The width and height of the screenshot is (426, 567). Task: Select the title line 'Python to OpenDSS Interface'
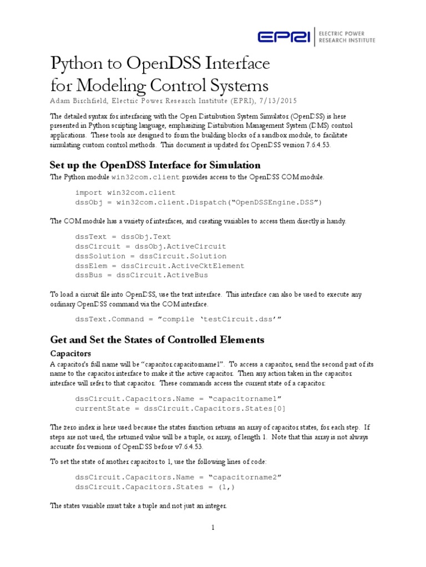click(160, 64)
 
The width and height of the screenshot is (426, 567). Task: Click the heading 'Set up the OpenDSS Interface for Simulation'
click(155, 165)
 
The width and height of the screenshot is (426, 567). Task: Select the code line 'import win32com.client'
click(125, 192)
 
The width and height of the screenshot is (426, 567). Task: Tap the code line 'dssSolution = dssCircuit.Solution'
click(150, 256)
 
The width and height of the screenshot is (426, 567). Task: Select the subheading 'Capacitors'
click(70, 353)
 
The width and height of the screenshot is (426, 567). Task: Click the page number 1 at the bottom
click(212, 527)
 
